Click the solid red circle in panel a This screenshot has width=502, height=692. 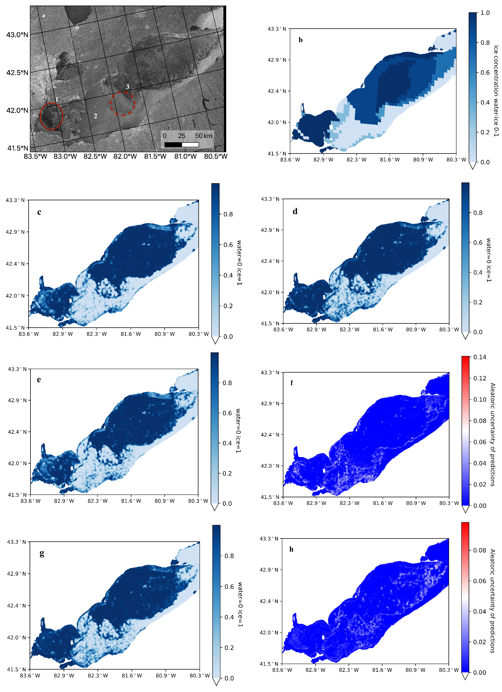click(x=51, y=116)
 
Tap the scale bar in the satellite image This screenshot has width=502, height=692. click(x=181, y=144)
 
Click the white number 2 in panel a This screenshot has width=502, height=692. click(x=95, y=116)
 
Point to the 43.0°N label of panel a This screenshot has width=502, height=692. click(x=17, y=35)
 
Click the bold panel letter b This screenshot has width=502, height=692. click(x=301, y=40)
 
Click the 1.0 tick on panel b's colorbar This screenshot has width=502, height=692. click(x=485, y=13)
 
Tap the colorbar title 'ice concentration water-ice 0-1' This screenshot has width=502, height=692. click(x=496, y=91)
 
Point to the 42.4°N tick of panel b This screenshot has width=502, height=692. click(x=277, y=91)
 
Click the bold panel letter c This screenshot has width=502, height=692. click(x=39, y=212)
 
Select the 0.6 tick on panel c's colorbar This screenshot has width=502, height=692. click(x=228, y=245)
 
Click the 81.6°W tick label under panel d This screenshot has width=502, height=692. click(x=383, y=330)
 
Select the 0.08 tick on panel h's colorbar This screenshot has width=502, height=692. click(x=479, y=550)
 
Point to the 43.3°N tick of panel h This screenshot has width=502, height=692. click(x=269, y=539)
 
